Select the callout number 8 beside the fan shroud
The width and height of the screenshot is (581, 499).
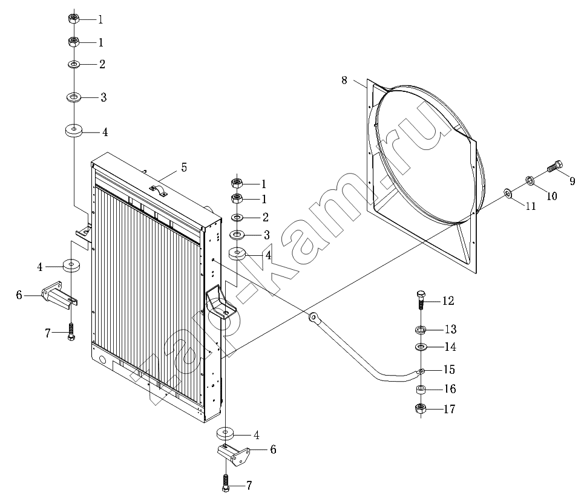(344, 80)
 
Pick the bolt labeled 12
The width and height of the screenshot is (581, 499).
(422, 301)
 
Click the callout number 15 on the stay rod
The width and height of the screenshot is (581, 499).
(449, 370)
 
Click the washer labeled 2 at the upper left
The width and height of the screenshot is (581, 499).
(74, 64)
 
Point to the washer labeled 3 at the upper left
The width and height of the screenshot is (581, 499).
(74, 97)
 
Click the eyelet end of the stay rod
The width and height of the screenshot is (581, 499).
(314, 316)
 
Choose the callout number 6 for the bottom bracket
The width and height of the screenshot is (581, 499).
(273, 449)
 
